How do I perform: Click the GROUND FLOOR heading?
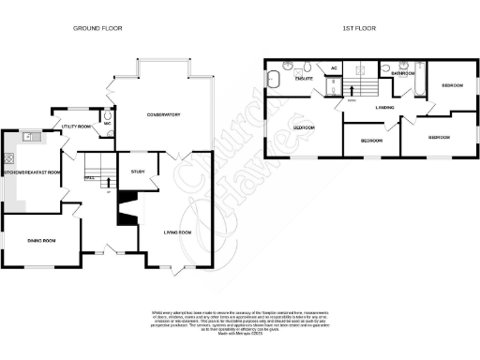pos(98,29)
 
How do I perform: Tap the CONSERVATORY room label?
pos(163,114)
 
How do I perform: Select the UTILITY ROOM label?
pos(76,125)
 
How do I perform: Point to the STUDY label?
pos(138,171)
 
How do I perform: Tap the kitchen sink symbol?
pos(30,137)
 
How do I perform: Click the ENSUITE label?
pos(303,79)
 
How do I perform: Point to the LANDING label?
pos(383,107)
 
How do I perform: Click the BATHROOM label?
pos(404,73)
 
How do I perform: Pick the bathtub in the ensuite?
pos(275,79)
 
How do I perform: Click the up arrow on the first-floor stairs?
pos(352,90)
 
